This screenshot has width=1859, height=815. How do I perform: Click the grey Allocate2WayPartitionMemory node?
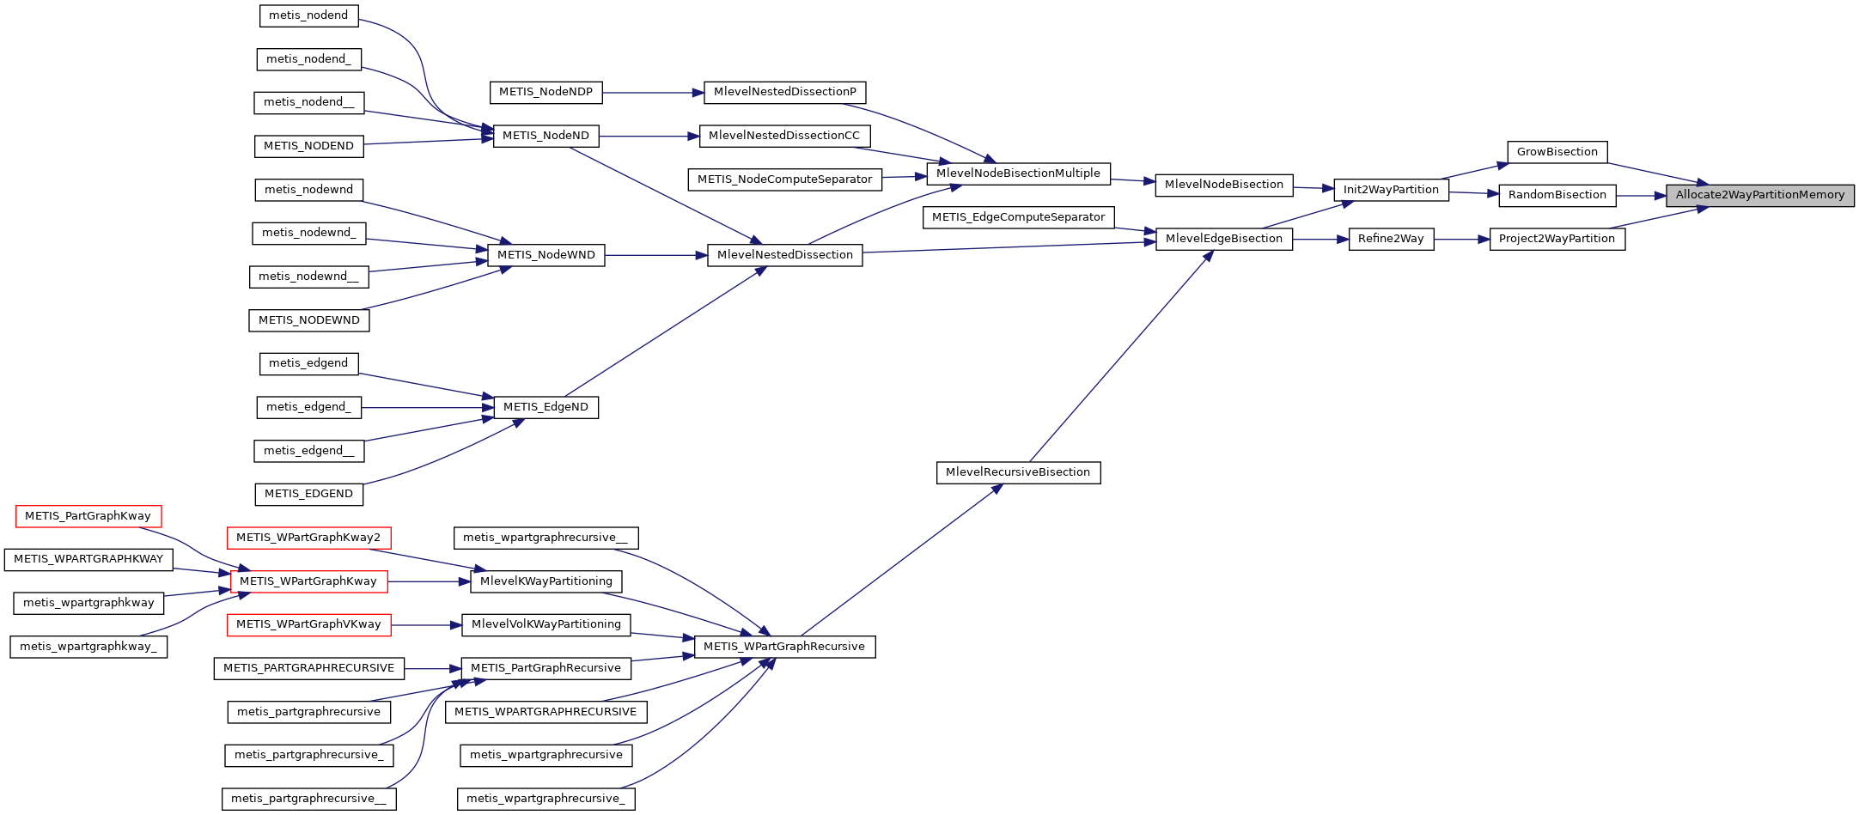point(1759,196)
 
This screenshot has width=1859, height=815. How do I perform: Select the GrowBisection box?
point(1557,152)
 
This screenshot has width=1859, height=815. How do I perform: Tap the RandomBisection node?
point(1557,195)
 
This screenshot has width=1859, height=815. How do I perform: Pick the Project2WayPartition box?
point(1557,239)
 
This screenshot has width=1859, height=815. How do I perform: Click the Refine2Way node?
point(1391,239)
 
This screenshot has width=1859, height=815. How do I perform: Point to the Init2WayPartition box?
point(1391,190)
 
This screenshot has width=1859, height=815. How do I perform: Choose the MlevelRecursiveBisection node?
point(1018,472)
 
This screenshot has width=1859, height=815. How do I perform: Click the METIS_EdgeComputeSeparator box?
point(1018,217)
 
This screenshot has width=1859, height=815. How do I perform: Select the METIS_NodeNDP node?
point(546,92)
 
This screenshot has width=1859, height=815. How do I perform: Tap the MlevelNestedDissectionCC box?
point(784,136)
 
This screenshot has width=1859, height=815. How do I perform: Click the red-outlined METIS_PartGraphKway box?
point(88,516)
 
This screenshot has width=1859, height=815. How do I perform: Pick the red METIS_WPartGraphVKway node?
point(308,624)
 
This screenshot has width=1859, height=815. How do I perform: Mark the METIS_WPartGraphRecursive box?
point(784,647)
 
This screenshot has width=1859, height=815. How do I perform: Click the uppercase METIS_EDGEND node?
point(308,494)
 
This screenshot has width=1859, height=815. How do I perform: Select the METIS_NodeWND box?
point(546,255)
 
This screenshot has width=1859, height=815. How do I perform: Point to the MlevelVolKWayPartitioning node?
point(546,624)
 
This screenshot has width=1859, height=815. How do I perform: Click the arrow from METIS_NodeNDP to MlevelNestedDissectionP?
point(653,93)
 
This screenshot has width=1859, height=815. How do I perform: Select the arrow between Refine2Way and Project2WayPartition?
point(1461,240)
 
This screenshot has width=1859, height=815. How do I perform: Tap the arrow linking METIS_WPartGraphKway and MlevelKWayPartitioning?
point(429,581)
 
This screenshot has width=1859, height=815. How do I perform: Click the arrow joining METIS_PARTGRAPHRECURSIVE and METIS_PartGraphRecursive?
point(432,668)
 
